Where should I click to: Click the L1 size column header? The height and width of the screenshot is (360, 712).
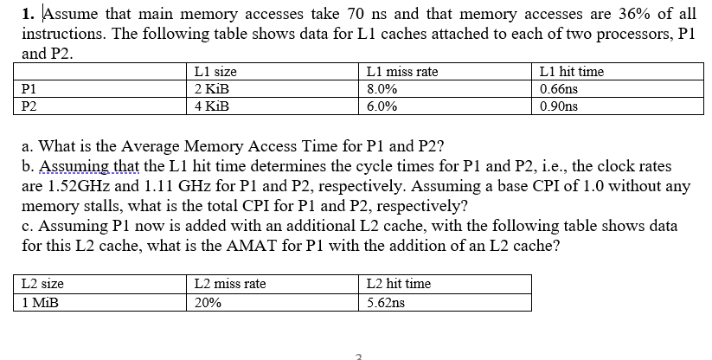coord(216,72)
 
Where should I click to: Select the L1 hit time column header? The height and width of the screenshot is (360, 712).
coord(571,72)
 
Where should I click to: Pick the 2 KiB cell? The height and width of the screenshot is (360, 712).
coord(212,89)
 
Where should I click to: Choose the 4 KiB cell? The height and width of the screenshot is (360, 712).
coord(212,106)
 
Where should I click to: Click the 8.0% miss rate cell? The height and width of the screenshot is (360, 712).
coord(382,89)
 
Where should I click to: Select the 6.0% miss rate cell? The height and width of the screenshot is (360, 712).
coord(382,106)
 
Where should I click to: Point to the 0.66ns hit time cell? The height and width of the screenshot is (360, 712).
coord(558,89)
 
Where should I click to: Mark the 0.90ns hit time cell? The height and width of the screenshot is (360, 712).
coord(558,106)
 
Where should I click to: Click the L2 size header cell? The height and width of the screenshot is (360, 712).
coord(43,284)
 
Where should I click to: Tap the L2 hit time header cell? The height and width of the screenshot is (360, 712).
coord(399,284)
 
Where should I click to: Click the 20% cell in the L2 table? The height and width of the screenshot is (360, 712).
coord(207,303)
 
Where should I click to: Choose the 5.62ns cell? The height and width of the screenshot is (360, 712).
coord(386,303)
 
